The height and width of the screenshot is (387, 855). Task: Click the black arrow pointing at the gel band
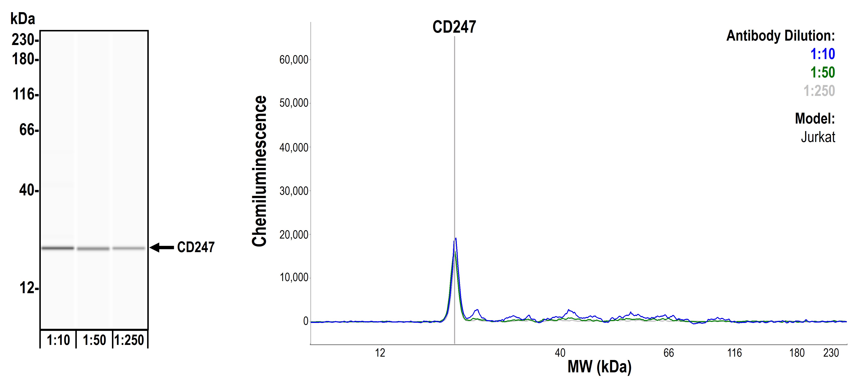click(x=162, y=248)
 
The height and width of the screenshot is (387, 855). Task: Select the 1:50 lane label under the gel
click(x=94, y=340)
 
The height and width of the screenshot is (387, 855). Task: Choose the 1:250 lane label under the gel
click(x=130, y=340)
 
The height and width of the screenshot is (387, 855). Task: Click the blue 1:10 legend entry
click(x=823, y=54)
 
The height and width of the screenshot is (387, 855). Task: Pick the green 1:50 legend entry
click(x=823, y=72)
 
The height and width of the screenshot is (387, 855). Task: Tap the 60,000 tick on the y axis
click(x=294, y=60)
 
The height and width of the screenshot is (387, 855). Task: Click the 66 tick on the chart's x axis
click(x=669, y=353)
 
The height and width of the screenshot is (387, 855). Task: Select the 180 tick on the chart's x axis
click(x=797, y=353)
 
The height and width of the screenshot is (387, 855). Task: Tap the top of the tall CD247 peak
click(x=456, y=239)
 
